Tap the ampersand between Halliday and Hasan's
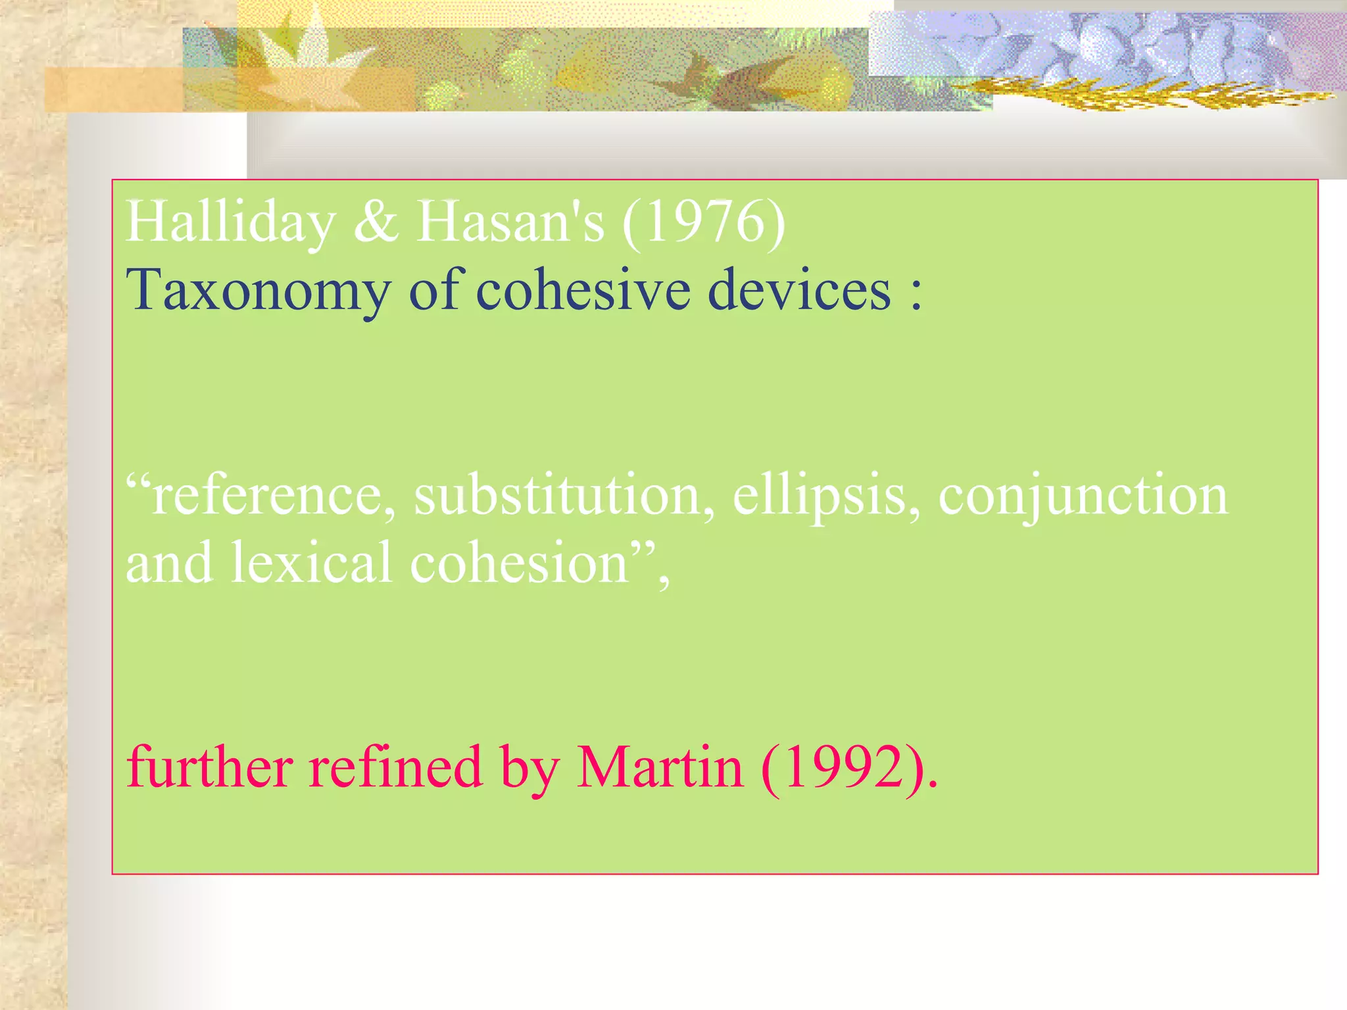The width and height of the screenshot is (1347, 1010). [x=376, y=222]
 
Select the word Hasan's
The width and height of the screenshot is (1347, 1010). [x=510, y=222]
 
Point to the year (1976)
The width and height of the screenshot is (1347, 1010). [x=703, y=222]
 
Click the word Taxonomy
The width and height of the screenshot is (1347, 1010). [x=258, y=291]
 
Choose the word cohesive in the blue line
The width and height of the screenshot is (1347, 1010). [x=583, y=290]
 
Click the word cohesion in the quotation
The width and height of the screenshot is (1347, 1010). [x=520, y=564]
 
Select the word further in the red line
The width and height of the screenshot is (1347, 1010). [x=210, y=767]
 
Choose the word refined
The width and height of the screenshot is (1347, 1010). [x=396, y=767]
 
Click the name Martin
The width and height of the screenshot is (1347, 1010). [x=660, y=767]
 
